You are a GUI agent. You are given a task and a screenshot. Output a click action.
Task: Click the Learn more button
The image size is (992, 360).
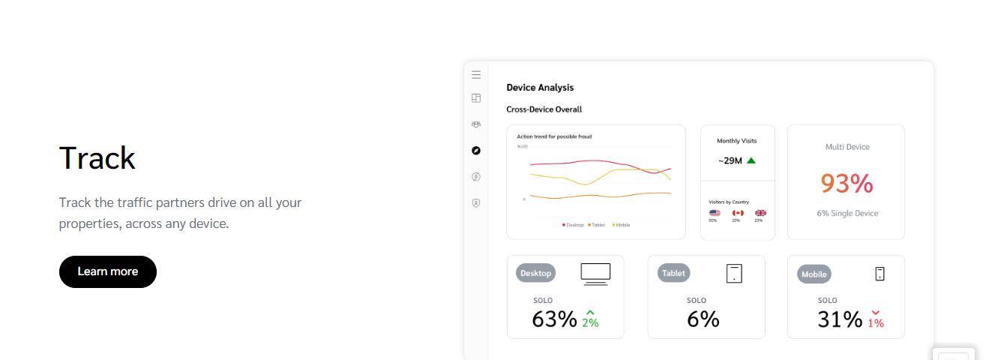(x=108, y=271)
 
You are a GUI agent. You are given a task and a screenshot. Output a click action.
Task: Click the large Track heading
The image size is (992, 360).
(x=97, y=158)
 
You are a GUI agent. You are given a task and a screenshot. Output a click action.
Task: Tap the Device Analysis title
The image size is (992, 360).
(x=540, y=88)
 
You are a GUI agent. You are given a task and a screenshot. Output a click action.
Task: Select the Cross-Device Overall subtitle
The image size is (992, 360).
(x=544, y=109)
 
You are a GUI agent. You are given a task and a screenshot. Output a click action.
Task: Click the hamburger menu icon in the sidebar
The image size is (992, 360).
(x=476, y=75)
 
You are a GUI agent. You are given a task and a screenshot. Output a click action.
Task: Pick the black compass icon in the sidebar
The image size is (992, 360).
(x=476, y=151)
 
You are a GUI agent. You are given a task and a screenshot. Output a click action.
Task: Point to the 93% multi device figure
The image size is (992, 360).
(x=847, y=183)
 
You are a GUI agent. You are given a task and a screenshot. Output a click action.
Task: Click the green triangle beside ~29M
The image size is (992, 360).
(x=751, y=160)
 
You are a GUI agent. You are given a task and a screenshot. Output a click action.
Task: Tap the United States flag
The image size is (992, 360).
(x=715, y=213)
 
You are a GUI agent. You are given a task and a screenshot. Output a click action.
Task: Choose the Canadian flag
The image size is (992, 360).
(x=738, y=213)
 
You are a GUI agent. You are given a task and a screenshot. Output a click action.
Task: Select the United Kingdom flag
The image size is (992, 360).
(x=760, y=213)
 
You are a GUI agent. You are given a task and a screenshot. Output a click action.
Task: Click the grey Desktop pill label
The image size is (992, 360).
(x=535, y=273)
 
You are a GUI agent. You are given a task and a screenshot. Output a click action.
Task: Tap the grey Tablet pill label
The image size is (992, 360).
(x=673, y=273)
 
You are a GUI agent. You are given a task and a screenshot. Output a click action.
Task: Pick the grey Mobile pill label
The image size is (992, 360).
(x=814, y=274)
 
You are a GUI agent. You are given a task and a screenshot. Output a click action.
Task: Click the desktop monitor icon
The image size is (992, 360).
(x=595, y=274)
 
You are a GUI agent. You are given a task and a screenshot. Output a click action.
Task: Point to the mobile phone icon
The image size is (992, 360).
(x=880, y=274)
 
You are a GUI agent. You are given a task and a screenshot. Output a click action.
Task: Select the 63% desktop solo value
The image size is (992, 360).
(x=554, y=319)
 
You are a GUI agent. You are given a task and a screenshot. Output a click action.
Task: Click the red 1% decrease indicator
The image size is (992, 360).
(x=876, y=319)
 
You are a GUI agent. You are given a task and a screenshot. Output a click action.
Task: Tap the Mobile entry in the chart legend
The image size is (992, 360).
(x=622, y=225)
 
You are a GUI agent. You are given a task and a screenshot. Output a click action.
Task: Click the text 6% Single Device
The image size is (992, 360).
(x=847, y=214)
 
